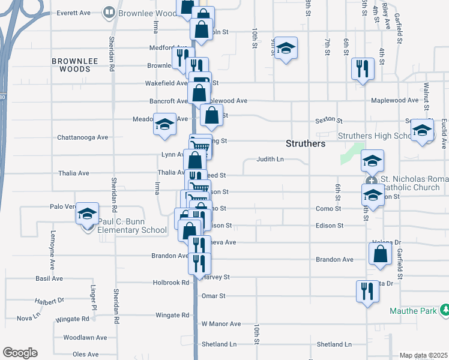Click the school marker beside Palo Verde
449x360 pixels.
tap(87, 214)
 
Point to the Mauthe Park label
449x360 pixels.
tap(411, 311)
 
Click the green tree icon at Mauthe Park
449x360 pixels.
tap(444, 310)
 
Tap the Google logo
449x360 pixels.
tap(20, 353)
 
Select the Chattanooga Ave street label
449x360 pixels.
tap(82, 137)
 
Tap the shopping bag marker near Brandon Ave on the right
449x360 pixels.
tap(381, 253)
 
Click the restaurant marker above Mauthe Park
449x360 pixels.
tap(367, 292)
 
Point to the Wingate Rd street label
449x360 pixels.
tap(172, 315)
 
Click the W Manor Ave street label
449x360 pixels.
tap(221, 324)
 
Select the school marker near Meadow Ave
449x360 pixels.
tap(164, 124)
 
